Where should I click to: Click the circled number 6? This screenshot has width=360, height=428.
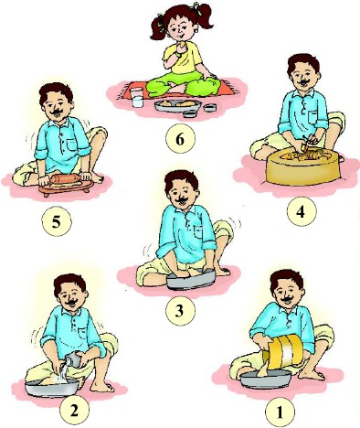point(180,139)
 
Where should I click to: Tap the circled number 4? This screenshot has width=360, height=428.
point(302,211)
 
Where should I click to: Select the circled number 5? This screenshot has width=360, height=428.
point(57,221)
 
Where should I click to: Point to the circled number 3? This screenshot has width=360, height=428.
point(180,310)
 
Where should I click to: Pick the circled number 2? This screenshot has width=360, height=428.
point(74,411)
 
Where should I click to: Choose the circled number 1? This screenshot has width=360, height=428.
point(280,412)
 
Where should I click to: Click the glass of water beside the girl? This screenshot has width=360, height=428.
point(137,98)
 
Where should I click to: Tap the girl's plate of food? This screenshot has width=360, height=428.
point(177,105)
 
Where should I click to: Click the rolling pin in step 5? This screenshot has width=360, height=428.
point(64,179)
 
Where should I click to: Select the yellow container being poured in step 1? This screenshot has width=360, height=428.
point(285,350)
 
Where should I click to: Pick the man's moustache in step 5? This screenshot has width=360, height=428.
point(57,113)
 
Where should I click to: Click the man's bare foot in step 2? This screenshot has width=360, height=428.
point(102,387)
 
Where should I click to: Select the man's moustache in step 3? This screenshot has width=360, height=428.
point(183,200)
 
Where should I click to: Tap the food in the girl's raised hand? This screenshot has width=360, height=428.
point(182,45)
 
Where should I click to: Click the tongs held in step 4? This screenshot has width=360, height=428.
point(306,144)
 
